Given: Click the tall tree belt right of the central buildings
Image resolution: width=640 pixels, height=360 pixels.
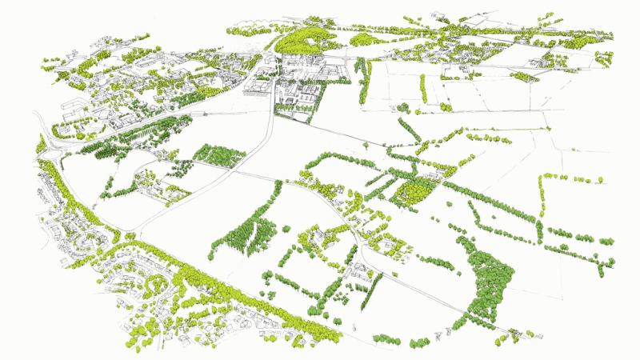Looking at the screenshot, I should (365, 80).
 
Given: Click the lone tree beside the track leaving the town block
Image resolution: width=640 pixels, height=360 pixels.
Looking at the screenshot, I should (365, 145).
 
